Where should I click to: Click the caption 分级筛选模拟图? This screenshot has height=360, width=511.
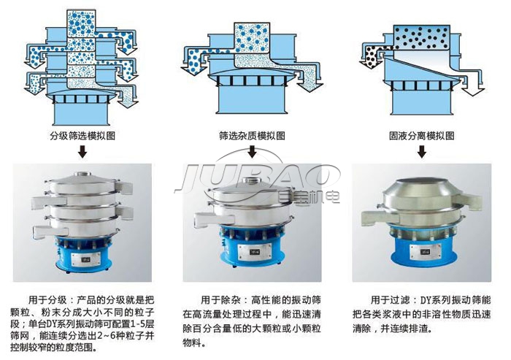click(x=82, y=136)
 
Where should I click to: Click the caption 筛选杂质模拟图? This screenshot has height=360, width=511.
click(x=253, y=136)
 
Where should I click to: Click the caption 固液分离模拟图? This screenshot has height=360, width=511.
click(x=422, y=136)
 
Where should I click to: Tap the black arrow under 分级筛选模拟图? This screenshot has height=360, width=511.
click(x=82, y=152)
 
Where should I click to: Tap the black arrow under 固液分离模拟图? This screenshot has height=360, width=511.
click(x=422, y=152)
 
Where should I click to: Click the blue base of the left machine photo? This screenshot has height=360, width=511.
click(x=84, y=254)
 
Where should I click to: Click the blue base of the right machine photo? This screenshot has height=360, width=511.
click(x=422, y=252)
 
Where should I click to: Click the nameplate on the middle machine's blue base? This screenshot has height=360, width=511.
click(x=254, y=252)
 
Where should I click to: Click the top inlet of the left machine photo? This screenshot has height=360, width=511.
click(x=83, y=174)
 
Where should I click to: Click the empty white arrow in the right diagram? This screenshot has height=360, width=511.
click(x=469, y=85)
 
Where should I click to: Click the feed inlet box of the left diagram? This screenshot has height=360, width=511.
click(x=81, y=23)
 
